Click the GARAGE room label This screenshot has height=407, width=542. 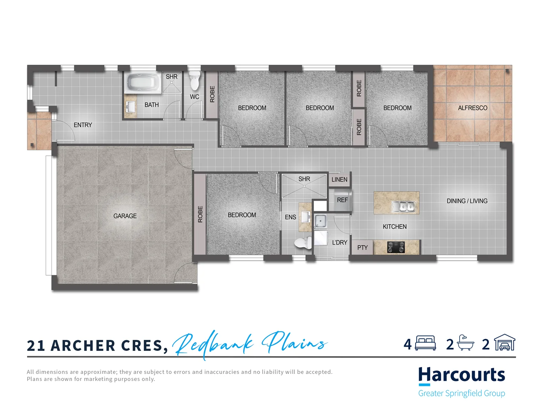tap(125, 216)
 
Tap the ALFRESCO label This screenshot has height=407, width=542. tap(472, 108)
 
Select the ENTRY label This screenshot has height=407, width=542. tap(83, 125)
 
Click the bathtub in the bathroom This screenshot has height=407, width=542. tap(143, 82)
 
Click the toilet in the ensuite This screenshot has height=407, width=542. tap(303, 243)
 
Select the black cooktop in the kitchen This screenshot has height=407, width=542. tap(396, 247)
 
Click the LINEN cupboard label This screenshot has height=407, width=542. tap(340, 180)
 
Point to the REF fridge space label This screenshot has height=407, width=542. tap(342, 200)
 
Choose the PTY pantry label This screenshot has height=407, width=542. tap(362, 248)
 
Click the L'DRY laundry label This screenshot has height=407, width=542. tap(340, 242)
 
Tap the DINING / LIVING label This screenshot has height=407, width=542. tap(467, 201)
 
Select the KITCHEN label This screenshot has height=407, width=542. tap(394, 226)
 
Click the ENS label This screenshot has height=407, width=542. tap(290, 217)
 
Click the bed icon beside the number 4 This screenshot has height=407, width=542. tap(425, 343)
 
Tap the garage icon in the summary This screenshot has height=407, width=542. tap(504, 343)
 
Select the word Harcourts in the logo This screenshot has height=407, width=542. tap(461, 375)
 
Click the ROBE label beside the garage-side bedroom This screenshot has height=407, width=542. tap(200, 214)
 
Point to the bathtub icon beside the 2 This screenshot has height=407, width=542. tap(465, 343)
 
